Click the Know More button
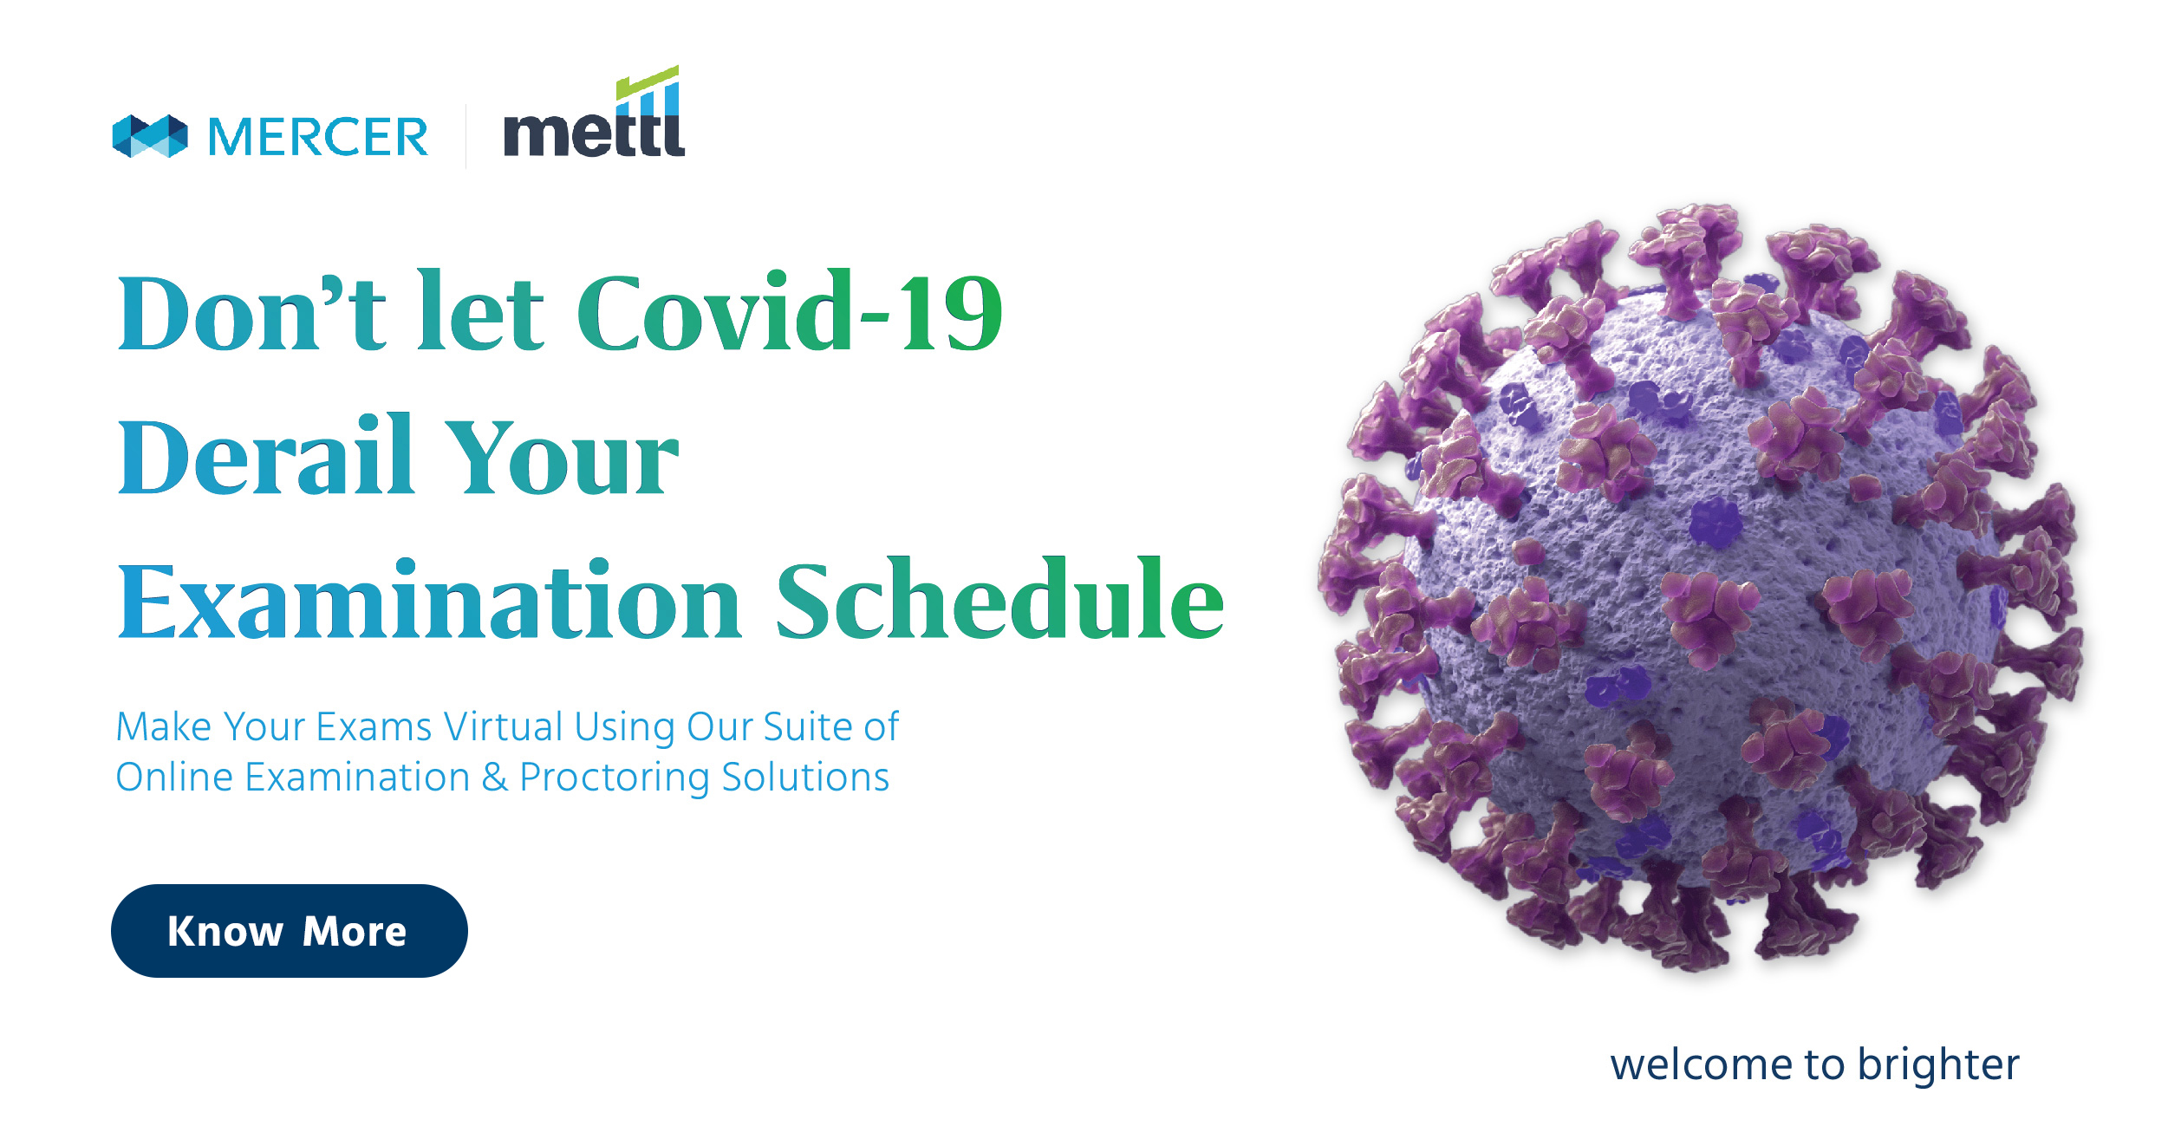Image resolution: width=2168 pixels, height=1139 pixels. pyautogui.click(x=289, y=931)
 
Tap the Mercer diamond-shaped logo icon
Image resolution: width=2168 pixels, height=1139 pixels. pyautogui.click(x=150, y=136)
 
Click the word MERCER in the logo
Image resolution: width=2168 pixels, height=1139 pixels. pyautogui.click(x=318, y=137)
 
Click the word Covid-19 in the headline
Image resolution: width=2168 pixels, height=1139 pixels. pyautogui.click(x=789, y=313)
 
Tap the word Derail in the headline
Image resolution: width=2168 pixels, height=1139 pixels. pyautogui.click(x=264, y=456)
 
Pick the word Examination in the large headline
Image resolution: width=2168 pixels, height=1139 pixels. pyautogui.click(x=429, y=601)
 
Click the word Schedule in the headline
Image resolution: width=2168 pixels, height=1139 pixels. pyautogui.click(x=999, y=599)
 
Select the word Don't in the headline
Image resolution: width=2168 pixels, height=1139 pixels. pyautogui.click(x=251, y=313)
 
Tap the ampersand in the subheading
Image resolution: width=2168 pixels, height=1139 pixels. pyautogui.click(x=495, y=777)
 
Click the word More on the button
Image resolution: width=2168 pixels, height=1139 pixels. pyautogui.click(x=355, y=932)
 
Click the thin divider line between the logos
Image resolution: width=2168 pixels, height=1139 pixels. pyautogui.click(x=466, y=136)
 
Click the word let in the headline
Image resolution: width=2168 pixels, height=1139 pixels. pyautogui.click(x=480, y=311)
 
